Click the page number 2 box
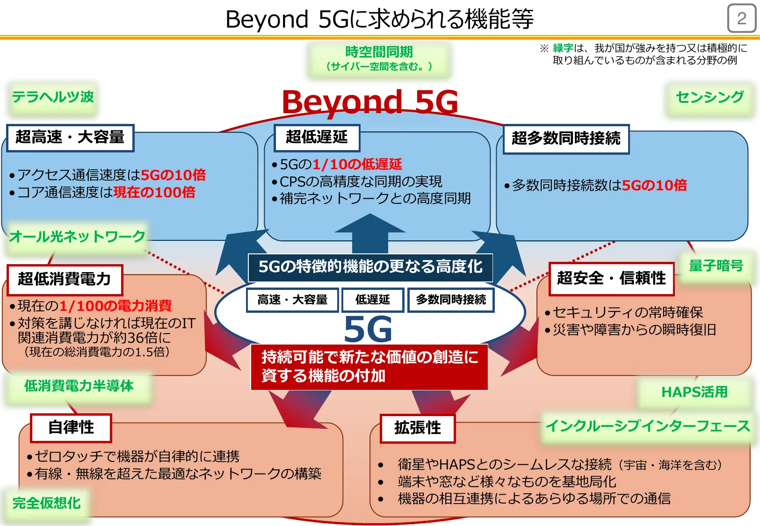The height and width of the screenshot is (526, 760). [x=741, y=19]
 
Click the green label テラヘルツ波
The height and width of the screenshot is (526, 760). [x=53, y=97]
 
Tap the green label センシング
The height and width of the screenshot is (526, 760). [x=709, y=97]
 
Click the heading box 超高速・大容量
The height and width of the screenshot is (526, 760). [x=70, y=137]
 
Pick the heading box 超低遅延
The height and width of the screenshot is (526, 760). [x=317, y=137]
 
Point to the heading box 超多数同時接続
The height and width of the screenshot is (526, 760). [x=566, y=139]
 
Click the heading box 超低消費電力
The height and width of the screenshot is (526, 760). [x=65, y=279]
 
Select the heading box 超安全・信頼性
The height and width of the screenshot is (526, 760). [x=611, y=279]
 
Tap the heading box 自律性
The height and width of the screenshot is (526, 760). [x=71, y=427]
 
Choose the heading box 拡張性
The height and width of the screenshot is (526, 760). [x=417, y=428]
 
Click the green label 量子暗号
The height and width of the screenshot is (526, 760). [x=716, y=266]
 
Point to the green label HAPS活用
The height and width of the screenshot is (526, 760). [x=695, y=392]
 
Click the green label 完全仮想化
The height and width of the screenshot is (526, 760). [x=46, y=503]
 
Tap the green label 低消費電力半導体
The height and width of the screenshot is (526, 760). [x=79, y=386]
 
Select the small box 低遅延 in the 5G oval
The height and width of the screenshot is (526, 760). [x=372, y=300]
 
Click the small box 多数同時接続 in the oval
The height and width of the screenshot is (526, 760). [x=451, y=300]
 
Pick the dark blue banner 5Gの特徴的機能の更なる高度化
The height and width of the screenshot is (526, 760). [x=370, y=267]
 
